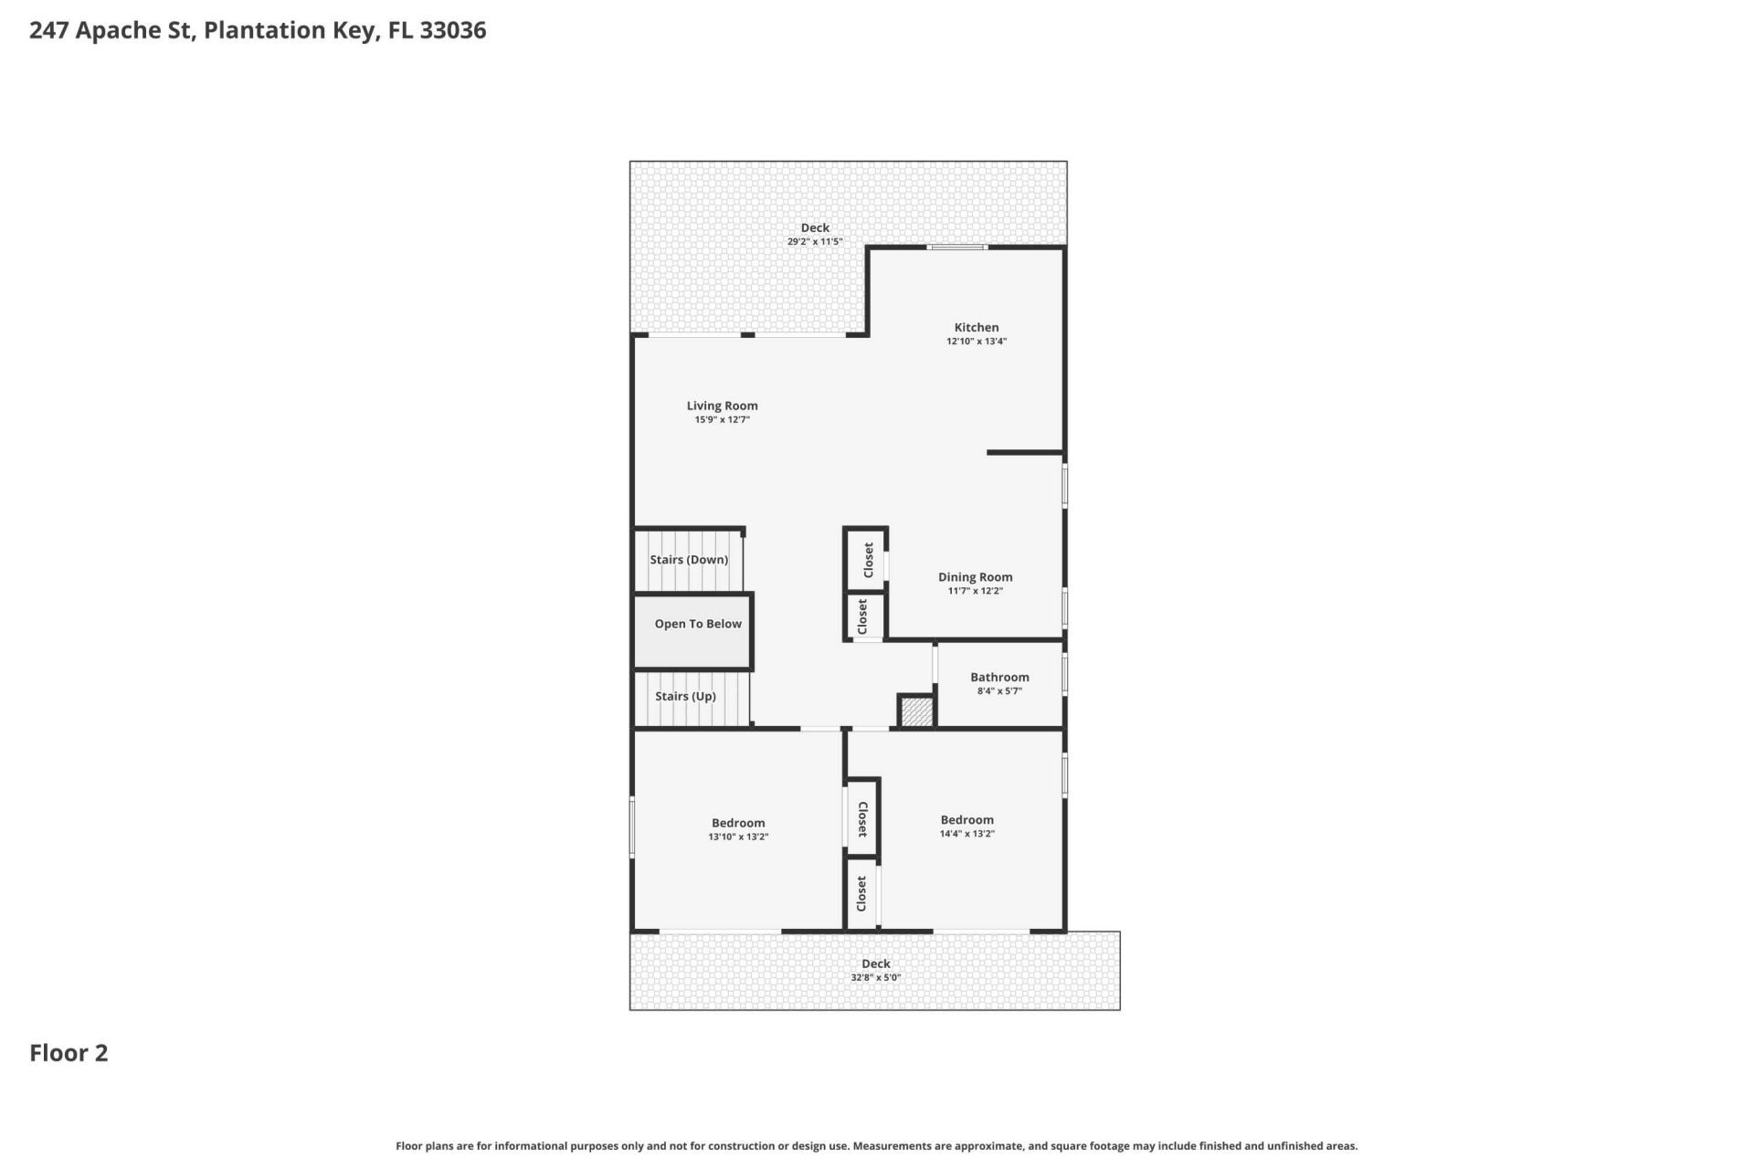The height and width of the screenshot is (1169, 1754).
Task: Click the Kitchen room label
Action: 976,327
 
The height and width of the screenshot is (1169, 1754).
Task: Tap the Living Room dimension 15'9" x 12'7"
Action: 722,420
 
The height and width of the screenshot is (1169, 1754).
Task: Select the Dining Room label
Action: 975,576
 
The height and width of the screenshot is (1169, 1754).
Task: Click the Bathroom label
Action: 999,677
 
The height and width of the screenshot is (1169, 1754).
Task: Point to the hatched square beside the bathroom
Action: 916,711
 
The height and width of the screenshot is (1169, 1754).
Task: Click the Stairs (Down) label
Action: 689,559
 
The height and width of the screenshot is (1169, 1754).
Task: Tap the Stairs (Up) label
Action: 685,696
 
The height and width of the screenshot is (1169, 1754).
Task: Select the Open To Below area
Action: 697,624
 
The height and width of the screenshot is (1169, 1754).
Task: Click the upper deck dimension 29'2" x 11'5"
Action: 815,242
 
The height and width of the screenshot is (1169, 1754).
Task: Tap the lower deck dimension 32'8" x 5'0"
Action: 875,977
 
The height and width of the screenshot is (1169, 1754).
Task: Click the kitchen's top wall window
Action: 956,247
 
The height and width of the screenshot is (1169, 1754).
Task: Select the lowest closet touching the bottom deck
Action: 861,893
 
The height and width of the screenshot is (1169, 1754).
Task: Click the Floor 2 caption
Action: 69,1053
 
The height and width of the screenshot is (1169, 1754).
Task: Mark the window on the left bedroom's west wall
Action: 632,827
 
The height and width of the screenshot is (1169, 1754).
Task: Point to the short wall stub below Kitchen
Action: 1024,452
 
